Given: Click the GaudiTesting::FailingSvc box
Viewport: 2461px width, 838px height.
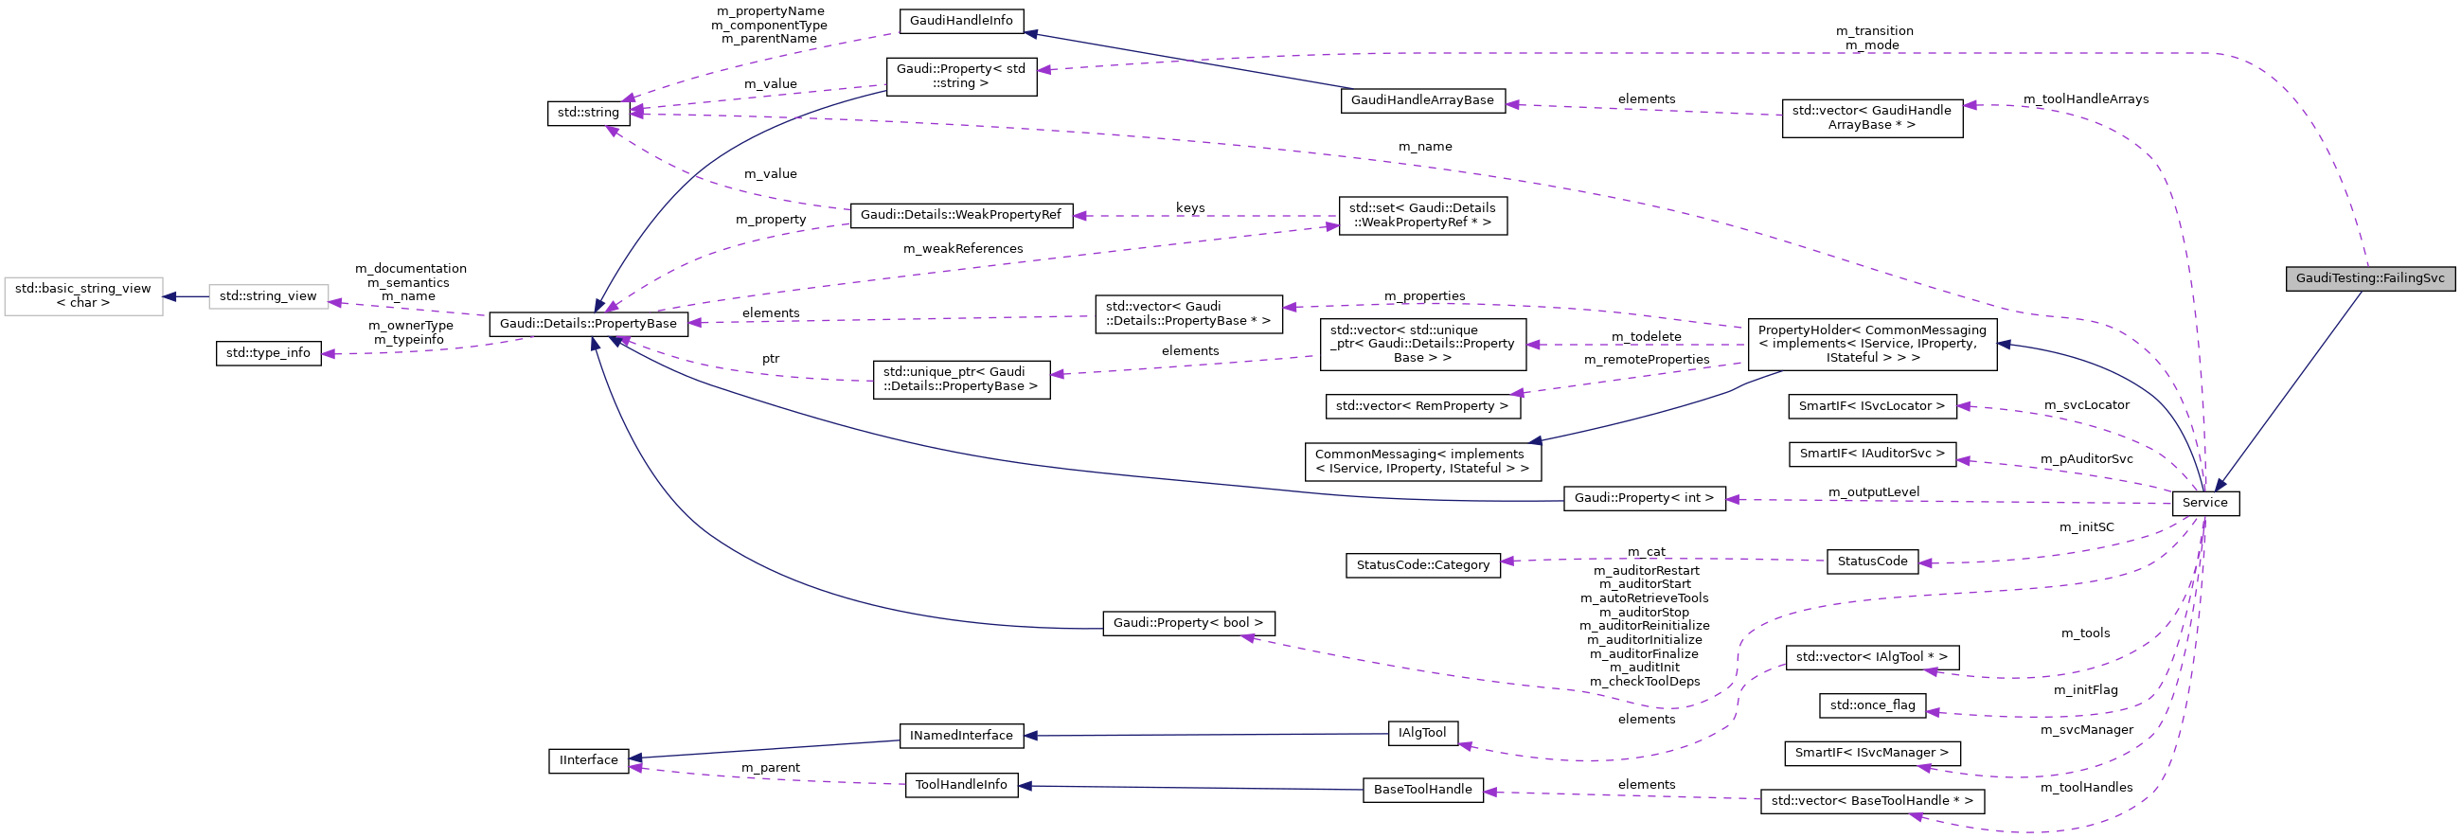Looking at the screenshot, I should pyautogui.click(x=2369, y=279).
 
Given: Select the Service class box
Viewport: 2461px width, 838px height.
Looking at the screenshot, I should pyautogui.click(x=2204, y=503).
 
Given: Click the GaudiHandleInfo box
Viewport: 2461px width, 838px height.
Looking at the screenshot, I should pyautogui.click(x=960, y=21).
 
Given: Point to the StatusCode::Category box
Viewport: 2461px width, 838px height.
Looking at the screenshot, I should pyautogui.click(x=1421, y=564).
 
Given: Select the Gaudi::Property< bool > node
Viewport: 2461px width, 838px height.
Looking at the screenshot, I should pyautogui.click(x=1187, y=623).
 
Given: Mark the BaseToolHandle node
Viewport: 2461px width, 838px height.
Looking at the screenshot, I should pyautogui.click(x=1421, y=791).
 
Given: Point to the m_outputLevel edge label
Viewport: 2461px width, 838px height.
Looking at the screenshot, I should pyautogui.click(x=1873, y=492).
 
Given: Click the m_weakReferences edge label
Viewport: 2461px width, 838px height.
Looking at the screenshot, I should pyautogui.click(x=962, y=249).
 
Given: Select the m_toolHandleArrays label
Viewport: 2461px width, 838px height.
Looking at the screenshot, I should pyautogui.click(x=2084, y=99).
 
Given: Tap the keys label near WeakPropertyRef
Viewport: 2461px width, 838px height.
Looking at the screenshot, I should pyautogui.click(x=1189, y=208).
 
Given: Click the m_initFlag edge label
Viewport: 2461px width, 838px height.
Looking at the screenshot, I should pyautogui.click(x=2084, y=690).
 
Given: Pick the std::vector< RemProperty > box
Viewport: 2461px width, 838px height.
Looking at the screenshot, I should pyautogui.click(x=1421, y=406).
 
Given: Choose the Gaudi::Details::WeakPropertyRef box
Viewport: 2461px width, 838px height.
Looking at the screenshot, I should pyautogui.click(x=960, y=215).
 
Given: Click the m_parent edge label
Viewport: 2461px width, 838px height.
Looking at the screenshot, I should pyautogui.click(x=770, y=768).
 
